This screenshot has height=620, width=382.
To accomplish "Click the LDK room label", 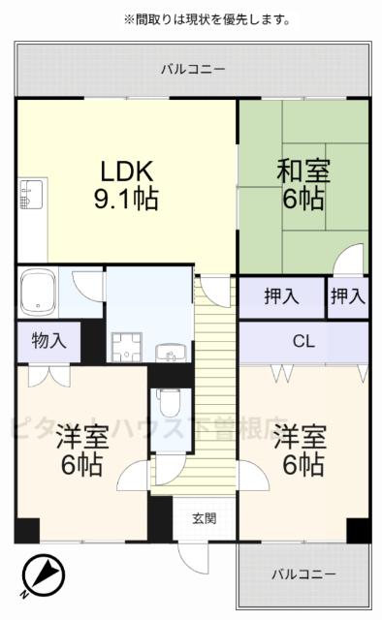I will point(126,170).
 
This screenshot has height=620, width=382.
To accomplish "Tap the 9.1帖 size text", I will point(126,201).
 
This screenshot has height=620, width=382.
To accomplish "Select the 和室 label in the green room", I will point(303,170).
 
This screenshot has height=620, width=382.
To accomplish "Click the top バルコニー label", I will point(192,70).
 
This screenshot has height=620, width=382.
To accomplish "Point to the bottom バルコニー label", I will point(303,573).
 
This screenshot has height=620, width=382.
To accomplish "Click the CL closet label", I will point(303,342).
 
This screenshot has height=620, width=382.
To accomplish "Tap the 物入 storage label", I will point(48,341).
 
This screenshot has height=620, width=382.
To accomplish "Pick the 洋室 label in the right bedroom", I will point(298,435).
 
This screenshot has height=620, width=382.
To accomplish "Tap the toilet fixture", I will point(170,402).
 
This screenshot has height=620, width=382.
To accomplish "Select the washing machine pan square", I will point(127,345).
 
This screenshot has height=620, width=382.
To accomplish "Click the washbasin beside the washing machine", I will point(174,351).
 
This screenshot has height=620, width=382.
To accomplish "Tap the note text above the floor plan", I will point(207,19).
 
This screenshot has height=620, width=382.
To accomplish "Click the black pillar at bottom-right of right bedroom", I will point(359,531).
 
